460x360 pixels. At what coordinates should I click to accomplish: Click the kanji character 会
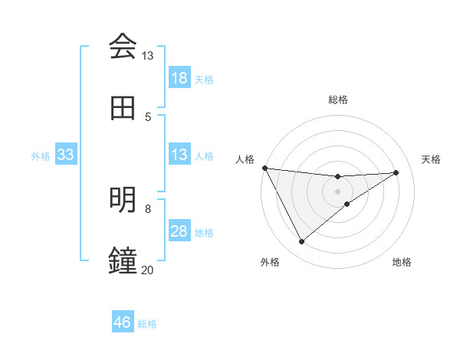pyautogui.click(x=123, y=46)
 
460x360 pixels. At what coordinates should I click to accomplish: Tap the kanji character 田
pyautogui.click(x=123, y=109)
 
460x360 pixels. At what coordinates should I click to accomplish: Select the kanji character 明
pyautogui.click(x=123, y=200)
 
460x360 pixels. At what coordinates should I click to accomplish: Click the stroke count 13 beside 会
pyautogui.click(x=147, y=56)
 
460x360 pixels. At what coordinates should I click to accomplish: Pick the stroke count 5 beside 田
pyautogui.click(x=148, y=116)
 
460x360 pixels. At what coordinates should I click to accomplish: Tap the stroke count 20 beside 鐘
pyautogui.click(x=147, y=270)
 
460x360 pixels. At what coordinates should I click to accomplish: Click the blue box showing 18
pyautogui.click(x=179, y=78)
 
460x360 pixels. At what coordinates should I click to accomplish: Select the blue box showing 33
pyautogui.click(x=65, y=155)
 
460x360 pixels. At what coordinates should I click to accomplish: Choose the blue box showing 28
pyautogui.click(x=179, y=231)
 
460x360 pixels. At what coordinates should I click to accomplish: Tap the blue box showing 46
pyautogui.click(x=123, y=322)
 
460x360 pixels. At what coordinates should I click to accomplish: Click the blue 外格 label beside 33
pyautogui.click(x=41, y=155)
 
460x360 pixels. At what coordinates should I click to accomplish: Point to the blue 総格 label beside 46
pyautogui.click(x=147, y=323)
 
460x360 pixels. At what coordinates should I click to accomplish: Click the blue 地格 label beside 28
pyautogui.click(x=204, y=232)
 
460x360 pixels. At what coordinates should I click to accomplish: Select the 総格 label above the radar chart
pyautogui.click(x=338, y=100)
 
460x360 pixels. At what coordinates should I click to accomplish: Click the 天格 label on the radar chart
pyautogui.click(x=432, y=159)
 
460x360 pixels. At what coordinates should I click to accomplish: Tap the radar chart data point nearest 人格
pyautogui.click(x=264, y=168)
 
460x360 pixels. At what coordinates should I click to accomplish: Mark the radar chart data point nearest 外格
pyautogui.click(x=301, y=242)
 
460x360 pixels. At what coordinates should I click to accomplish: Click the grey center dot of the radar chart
pyautogui.click(x=338, y=191)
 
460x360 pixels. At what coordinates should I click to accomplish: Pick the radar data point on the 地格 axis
pyautogui.click(x=347, y=204)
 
